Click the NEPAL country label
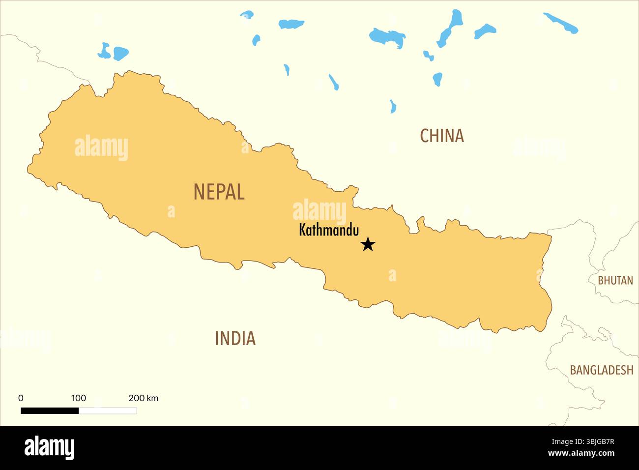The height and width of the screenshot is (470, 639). pyautogui.click(x=219, y=192)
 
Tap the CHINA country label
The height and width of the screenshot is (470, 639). pyautogui.click(x=441, y=136)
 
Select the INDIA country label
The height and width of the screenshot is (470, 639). pyautogui.click(x=235, y=338)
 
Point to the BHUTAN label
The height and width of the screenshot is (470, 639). pyautogui.click(x=615, y=280)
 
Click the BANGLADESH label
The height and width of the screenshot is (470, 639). pyautogui.click(x=601, y=370)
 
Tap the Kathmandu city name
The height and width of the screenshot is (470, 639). pyautogui.click(x=329, y=230)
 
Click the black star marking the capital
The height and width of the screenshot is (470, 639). pyautogui.click(x=368, y=244)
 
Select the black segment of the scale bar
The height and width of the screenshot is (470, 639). pyautogui.click(x=50, y=411)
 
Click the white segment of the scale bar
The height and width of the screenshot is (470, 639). pyautogui.click(x=108, y=411)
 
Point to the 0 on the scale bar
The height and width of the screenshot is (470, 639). pyautogui.click(x=21, y=398)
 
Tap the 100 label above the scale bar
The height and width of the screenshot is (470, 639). pyautogui.click(x=79, y=398)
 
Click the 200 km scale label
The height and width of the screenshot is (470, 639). pyautogui.click(x=143, y=398)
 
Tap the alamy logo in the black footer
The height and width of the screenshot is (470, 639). pyautogui.click(x=49, y=447)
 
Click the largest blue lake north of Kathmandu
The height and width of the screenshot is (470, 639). pyautogui.click(x=387, y=37)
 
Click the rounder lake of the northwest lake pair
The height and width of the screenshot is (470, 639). pyautogui.click(x=120, y=53)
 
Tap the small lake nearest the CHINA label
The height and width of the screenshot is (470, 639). pyautogui.click(x=393, y=106)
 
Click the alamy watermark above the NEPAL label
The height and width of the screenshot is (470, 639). pyautogui.click(x=101, y=147)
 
